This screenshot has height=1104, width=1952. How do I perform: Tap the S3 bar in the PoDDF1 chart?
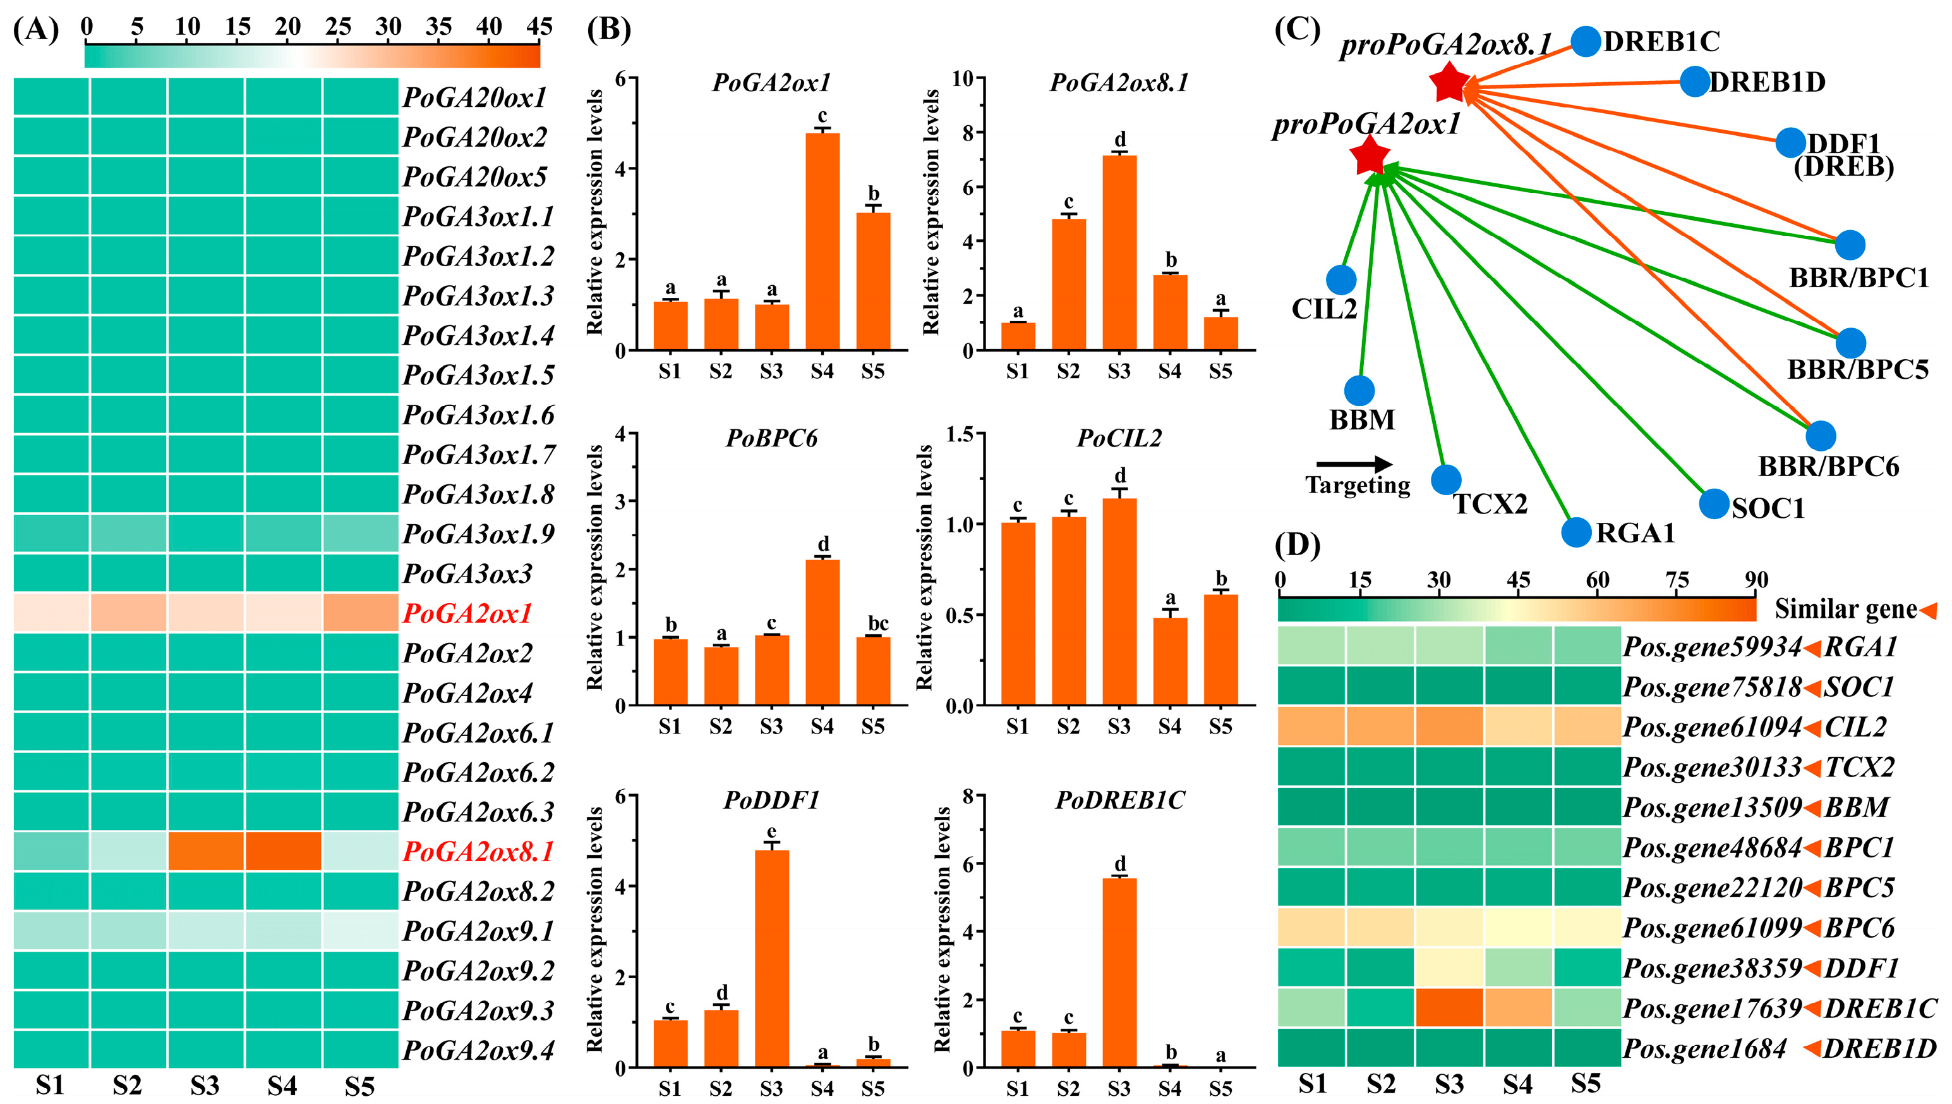coord(771,959)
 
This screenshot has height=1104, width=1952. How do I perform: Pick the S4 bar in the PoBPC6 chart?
coord(822,632)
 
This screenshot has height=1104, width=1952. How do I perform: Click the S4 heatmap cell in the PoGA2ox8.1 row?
coord(282,852)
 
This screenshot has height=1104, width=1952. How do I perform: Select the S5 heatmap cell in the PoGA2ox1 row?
coord(360,613)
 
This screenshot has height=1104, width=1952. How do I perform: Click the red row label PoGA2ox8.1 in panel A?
coord(478,852)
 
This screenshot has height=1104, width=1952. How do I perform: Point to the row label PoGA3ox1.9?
coord(478,534)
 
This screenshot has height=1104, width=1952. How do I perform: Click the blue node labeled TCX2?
coord(1446,479)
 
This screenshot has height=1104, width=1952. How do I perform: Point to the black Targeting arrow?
coord(1354,465)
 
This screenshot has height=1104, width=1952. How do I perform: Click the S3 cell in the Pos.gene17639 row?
coord(1449,1008)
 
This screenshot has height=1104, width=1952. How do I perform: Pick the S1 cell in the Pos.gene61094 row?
coord(1311,727)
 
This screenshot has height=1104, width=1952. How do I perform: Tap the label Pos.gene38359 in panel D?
coord(1712,968)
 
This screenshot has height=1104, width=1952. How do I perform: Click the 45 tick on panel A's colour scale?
coord(539,27)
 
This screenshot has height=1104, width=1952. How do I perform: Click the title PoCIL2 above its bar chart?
coord(1119,438)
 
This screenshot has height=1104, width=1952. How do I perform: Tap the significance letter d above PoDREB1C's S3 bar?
coord(1119,864)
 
